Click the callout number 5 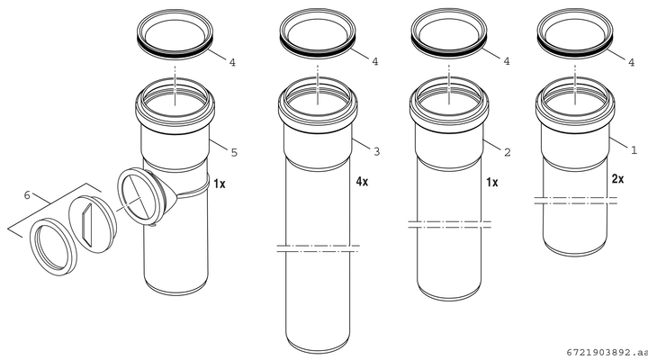(x=234, y=152)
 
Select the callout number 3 (x=376, y=152)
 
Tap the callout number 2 (x=508, y=152)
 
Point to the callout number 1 (x=634, y=149)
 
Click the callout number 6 (x=27, y=194)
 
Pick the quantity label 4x (x=362, y=181)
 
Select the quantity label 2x (x=617, y=179)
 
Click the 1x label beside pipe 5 (x=220, y=184)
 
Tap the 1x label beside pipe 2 (x=491, y=182)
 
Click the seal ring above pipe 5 (x=175, y=50)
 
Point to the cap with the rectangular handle (x=92, y=224)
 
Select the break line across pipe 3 (x=318, y=248)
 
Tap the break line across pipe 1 (x=575, y=201)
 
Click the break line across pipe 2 (x=449, y=224)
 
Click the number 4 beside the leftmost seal (x=232, y=62)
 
